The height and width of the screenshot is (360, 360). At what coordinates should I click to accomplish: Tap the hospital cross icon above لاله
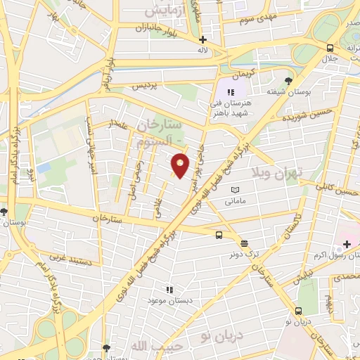tap(202, 40)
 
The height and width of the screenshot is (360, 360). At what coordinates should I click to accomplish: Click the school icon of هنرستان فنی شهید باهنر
tap(231, 92)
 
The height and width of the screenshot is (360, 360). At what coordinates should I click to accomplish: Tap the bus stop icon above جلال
tap(330, 48)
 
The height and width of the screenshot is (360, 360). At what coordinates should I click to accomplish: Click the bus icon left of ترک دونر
tap(220, 236)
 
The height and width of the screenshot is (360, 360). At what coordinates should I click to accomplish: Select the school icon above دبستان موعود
tap(169, 289)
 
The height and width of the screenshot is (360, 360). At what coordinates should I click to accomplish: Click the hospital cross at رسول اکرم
tap(346, 244)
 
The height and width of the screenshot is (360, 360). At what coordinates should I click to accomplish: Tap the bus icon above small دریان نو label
tap(300, 311)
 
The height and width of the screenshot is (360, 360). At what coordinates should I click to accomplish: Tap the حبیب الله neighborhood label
tap(147, 345)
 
